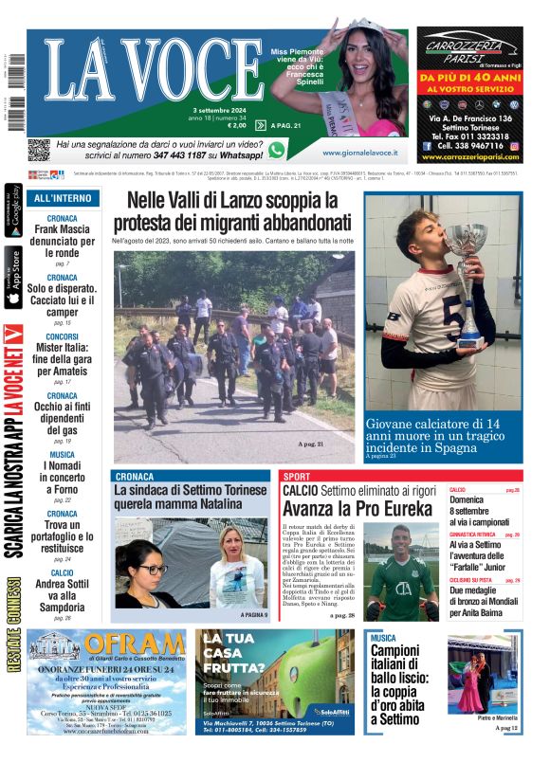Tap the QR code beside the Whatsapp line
[x=38, y=150]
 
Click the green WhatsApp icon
[x=277, y=150]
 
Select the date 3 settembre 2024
[x=218, y=110]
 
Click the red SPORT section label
[x=297, y=476]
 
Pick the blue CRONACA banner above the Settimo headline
[x=190, y=476]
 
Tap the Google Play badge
[x=13, y=211]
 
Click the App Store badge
[x=13, y=277]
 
